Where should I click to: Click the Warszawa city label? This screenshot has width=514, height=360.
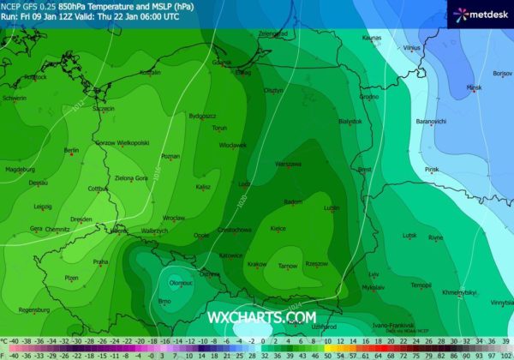[x=288, y=164]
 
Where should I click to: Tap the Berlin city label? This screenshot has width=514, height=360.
[x=71, y=151]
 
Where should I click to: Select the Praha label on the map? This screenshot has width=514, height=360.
[x=100, y=261]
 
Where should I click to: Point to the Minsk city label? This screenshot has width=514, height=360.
[x=474, y=87]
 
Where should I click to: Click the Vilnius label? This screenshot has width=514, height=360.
[x=412, y=48]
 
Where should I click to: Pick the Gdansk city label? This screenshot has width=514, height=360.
[x=222, y=63]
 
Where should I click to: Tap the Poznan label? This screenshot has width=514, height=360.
[x=170, y=156]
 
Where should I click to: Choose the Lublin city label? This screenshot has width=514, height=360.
[x=332, y=208]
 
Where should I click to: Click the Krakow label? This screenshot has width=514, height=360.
[x=257, y=264]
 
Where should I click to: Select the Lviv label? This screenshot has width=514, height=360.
[x=374, y=274]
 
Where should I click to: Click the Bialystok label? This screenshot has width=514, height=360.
[x=350, y=122]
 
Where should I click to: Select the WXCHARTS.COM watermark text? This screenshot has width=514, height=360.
[x=261, y=317]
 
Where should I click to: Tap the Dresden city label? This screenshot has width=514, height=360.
[x=82, y=219]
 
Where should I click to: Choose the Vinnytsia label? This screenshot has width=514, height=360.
[x=499, y=303]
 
